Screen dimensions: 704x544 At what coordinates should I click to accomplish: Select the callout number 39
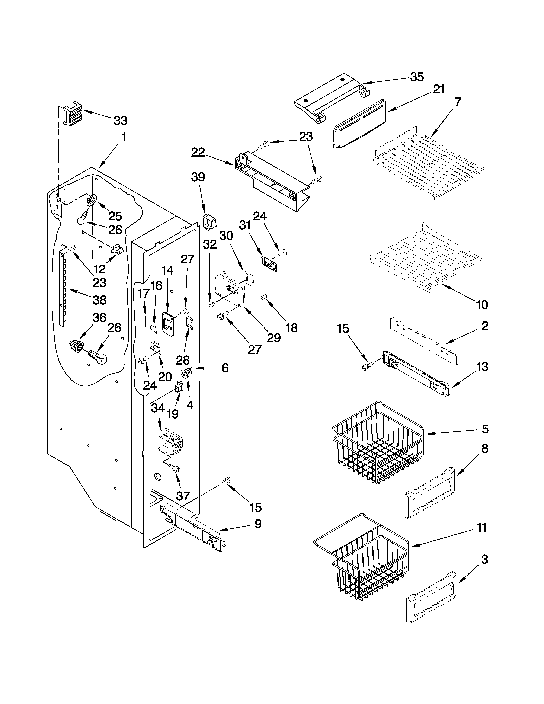(198, 177)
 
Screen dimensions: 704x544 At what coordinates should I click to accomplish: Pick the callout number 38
(99, 300)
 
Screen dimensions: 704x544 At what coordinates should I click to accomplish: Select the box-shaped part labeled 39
(209, 223)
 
